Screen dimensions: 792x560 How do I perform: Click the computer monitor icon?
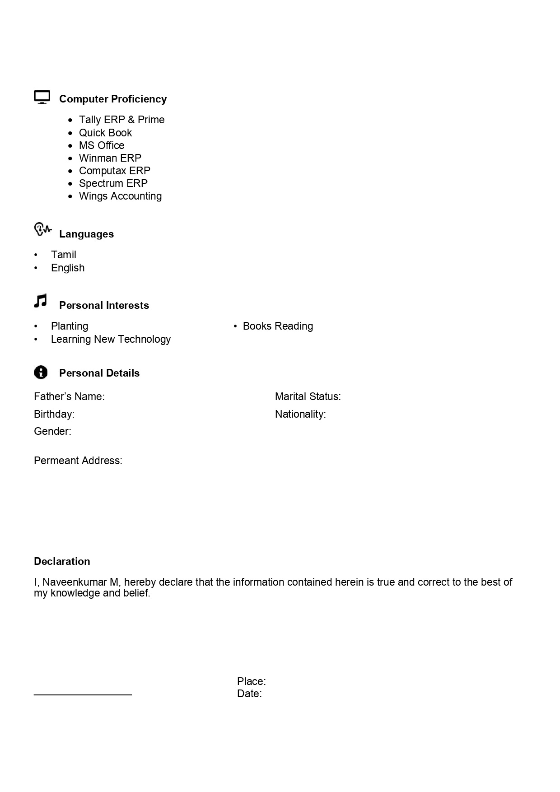[x=42, y=97]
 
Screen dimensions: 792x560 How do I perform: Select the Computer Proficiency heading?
[x=113, y=99]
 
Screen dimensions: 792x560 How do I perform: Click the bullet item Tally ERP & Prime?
[x=121, y=120]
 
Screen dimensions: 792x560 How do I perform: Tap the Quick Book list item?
[x=105, y=133]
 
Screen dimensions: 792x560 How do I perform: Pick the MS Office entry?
[x=102, y=145]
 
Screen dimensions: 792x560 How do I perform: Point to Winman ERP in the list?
[x=110, y=158]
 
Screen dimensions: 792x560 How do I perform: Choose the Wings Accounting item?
[x=120, y=196]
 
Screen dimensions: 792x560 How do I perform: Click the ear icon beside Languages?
[x=42, y=229]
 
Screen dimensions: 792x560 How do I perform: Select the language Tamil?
[x=64, y=255]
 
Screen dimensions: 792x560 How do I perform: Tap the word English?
[x=68, y=268]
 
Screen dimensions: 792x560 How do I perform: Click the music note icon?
[x=41, y=301]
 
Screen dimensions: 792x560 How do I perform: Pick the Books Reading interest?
[x=278, y=326]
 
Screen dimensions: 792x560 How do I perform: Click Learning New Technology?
[x=111, y=339]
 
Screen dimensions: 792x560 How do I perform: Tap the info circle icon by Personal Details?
[x=41, y=373]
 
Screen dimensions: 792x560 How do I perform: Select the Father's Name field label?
[x=69, y=396]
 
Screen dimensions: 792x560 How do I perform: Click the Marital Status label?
[x=308, y=396]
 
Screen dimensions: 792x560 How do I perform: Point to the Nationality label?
[x=300, y=414]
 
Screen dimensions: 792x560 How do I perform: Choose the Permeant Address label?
[x=78, y=461]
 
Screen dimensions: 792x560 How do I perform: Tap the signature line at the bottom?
[x=83, y=694]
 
